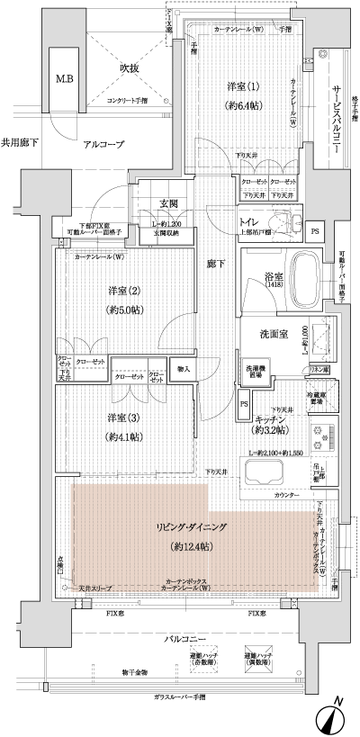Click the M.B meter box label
[x=65, y=79]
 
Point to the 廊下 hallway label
[x=212, y=263]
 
